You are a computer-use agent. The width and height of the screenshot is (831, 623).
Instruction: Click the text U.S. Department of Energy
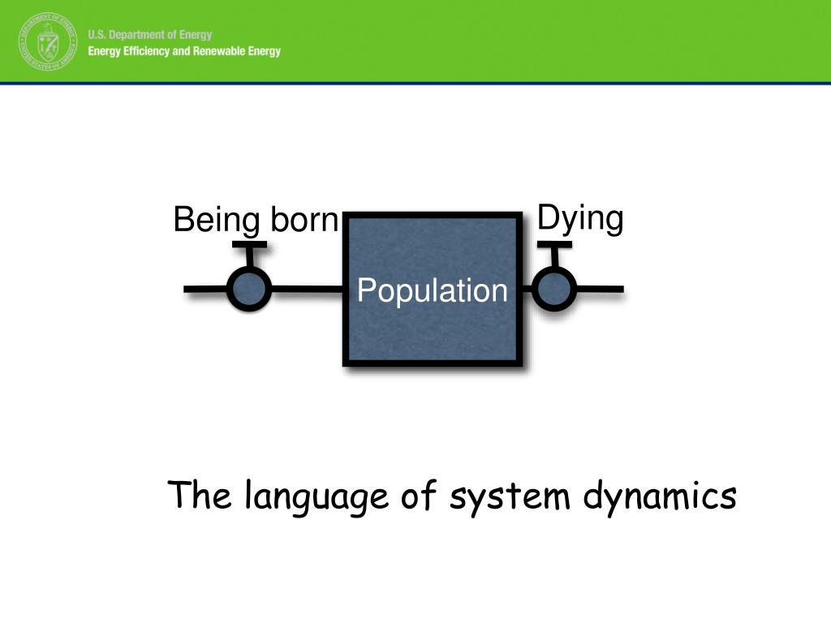pos(150,35)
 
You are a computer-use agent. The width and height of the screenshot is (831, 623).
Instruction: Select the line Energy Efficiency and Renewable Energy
pos(184,51)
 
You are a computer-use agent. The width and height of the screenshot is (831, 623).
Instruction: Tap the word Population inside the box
pos(433,290)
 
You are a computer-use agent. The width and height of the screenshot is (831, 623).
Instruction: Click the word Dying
pos(580,219)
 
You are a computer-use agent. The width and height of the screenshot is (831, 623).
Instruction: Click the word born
pos(304,221)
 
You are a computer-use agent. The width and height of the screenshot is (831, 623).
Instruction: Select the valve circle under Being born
pos(248,289)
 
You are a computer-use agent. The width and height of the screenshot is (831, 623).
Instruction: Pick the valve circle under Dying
pos(554,289)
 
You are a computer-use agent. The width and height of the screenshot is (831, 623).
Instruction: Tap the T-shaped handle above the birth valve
pos(248,246)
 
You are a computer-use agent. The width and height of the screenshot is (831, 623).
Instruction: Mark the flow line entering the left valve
pos(205,289)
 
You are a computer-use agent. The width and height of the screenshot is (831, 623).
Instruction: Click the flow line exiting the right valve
pos(601,289)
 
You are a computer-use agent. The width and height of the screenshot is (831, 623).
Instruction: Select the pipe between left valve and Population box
pos(307,289)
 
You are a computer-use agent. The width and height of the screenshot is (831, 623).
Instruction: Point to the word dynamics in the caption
pos(660,496)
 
